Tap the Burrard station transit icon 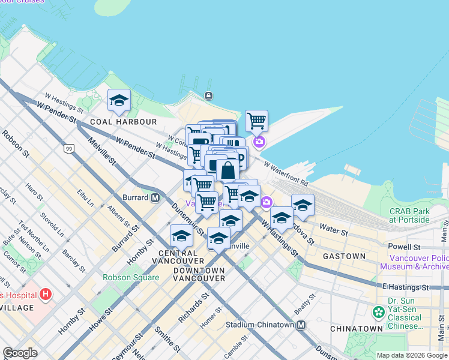coord(155,197)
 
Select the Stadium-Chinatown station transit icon coord(301,325)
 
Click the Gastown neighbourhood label coord(344,256)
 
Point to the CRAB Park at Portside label coord(409,215)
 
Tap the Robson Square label coord(131,277)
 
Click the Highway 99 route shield coord(69,148)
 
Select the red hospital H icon coord(46,295)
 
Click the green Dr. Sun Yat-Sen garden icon coord(378,312)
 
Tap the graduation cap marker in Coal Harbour coord(119,100)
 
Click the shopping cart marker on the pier coord(256,121)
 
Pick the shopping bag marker coord(228,170)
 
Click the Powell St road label coord(404,247)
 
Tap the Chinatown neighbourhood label coord(356,329)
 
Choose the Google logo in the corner coord(20,353)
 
